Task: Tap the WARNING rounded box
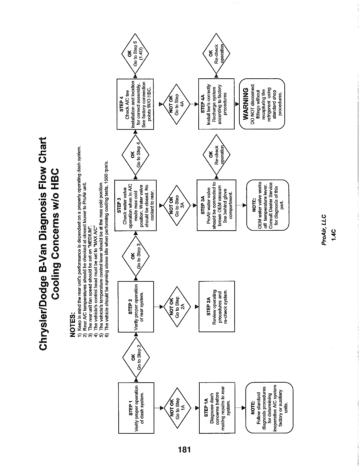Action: point(262,104)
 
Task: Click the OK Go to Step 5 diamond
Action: point(135,54)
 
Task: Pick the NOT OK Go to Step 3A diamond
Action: point(177,205)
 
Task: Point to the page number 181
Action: point(184,449)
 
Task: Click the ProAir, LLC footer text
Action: point(324,230)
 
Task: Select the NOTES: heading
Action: point(73,324)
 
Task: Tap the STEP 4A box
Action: point(216,104)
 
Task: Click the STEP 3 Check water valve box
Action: point(135,205)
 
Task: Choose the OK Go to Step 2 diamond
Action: point(136,357)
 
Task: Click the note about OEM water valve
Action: point(268,205)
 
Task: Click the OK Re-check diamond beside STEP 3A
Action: point(216,155)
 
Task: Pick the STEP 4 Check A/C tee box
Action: point(135,104)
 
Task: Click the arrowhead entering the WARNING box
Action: point(237,104)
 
